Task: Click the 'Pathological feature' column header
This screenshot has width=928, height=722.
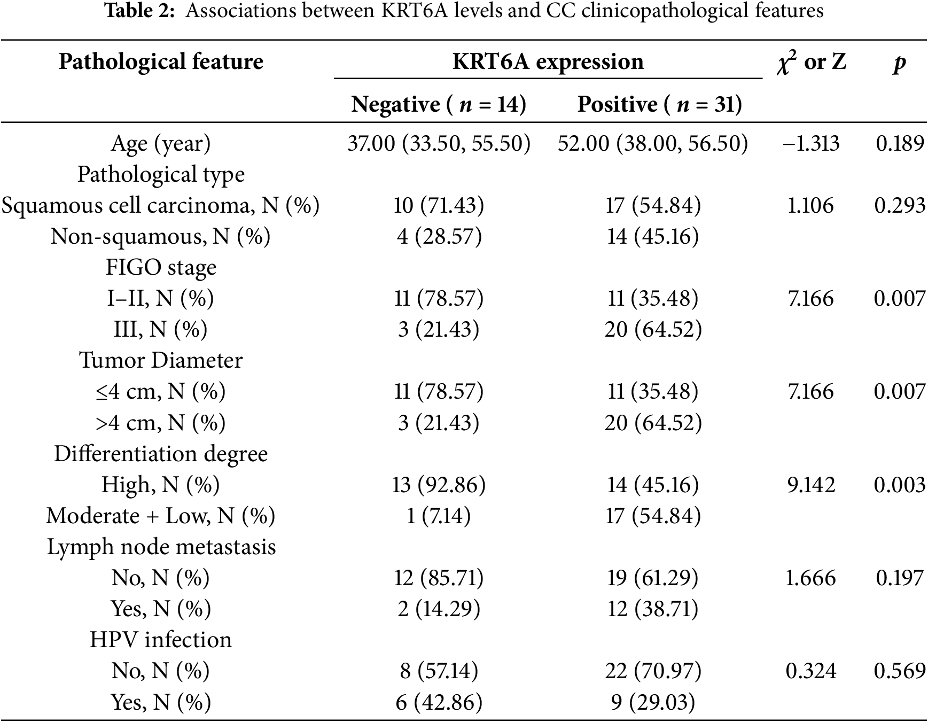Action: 161,61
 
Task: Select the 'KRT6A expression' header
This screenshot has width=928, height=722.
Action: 548,61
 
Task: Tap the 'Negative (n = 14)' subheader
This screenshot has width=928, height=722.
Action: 439,104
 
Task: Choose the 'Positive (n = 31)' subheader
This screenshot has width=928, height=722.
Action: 659,104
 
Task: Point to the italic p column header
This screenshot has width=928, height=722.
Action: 899,63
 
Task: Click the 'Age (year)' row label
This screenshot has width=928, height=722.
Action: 161,143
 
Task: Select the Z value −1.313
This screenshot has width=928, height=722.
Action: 810,143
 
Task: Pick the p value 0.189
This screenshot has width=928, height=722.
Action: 900,143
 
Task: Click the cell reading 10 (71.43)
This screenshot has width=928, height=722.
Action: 439,205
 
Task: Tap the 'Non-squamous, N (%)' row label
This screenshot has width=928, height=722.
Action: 161,236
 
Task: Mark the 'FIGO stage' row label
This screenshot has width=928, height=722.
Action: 161,267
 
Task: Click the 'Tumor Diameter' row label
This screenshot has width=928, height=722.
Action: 161,360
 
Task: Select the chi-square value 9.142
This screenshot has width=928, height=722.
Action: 810,485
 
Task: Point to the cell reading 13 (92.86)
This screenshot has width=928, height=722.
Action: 439,485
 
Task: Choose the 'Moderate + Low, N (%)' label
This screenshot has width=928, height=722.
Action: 161,516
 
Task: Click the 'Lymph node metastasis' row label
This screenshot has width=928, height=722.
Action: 161,547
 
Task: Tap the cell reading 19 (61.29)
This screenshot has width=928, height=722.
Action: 652,578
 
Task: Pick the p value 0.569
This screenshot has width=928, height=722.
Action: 900,671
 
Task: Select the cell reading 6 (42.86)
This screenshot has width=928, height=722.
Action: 439,702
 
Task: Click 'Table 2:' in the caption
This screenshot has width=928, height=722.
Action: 140,11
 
